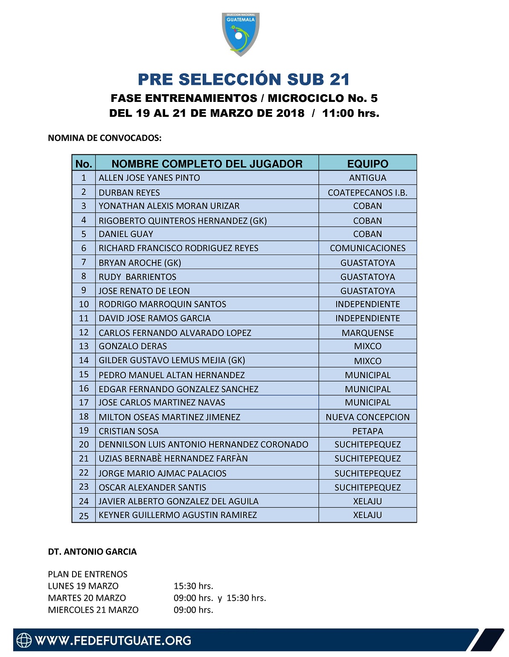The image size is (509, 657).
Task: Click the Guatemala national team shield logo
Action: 241,34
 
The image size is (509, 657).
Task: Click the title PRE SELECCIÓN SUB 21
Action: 244,79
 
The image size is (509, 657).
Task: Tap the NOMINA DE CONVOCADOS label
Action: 105,138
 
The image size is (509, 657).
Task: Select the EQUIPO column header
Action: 367,164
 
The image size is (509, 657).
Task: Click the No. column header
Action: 84,164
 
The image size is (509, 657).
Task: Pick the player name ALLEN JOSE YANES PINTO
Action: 149,178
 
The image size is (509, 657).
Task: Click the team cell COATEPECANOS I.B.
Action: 367,192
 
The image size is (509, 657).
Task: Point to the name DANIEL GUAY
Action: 126,234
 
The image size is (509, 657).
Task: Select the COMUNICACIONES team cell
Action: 367,248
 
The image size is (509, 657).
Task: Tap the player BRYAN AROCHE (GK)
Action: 140,263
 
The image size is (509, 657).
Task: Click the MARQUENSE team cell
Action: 367,333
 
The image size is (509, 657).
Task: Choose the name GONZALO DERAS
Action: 133,346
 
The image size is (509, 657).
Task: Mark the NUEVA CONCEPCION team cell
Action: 367,417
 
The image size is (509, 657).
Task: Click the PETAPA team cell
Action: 367,431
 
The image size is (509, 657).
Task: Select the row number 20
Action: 84,445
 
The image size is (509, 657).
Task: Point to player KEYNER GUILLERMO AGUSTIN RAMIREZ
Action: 178,515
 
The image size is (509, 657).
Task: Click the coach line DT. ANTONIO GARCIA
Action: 92,552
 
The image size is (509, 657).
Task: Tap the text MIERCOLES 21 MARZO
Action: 93,610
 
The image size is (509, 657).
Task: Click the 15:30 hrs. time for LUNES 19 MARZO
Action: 193,586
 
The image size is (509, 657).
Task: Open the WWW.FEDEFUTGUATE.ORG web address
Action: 113,640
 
